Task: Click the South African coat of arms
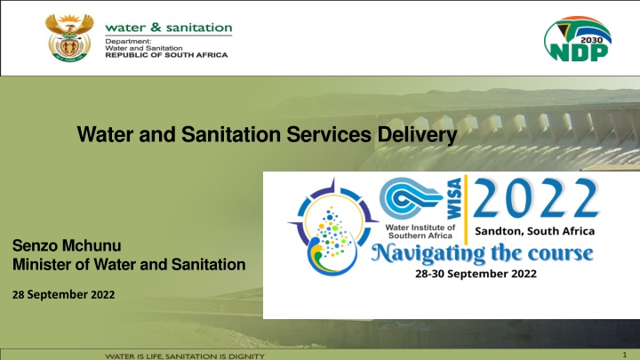[x=69, y=38]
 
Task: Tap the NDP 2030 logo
[x=577, y=39]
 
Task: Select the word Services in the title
[x=329, y=134]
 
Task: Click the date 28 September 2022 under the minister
[x=64, y=295]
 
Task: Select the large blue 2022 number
[x=536, y=198]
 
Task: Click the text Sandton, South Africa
[x=535, y=231]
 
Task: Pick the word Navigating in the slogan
[x=428, y=254]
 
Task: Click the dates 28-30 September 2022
[x=476, y=274]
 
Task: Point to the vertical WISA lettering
[x=454, y=198]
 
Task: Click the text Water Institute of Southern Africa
[x=420, y=231]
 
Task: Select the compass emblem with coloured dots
[x=332, y=227]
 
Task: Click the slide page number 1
[x=625, y=355]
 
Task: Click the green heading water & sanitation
[x=169, y=28]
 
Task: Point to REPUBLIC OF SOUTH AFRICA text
[x=166, y=55]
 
